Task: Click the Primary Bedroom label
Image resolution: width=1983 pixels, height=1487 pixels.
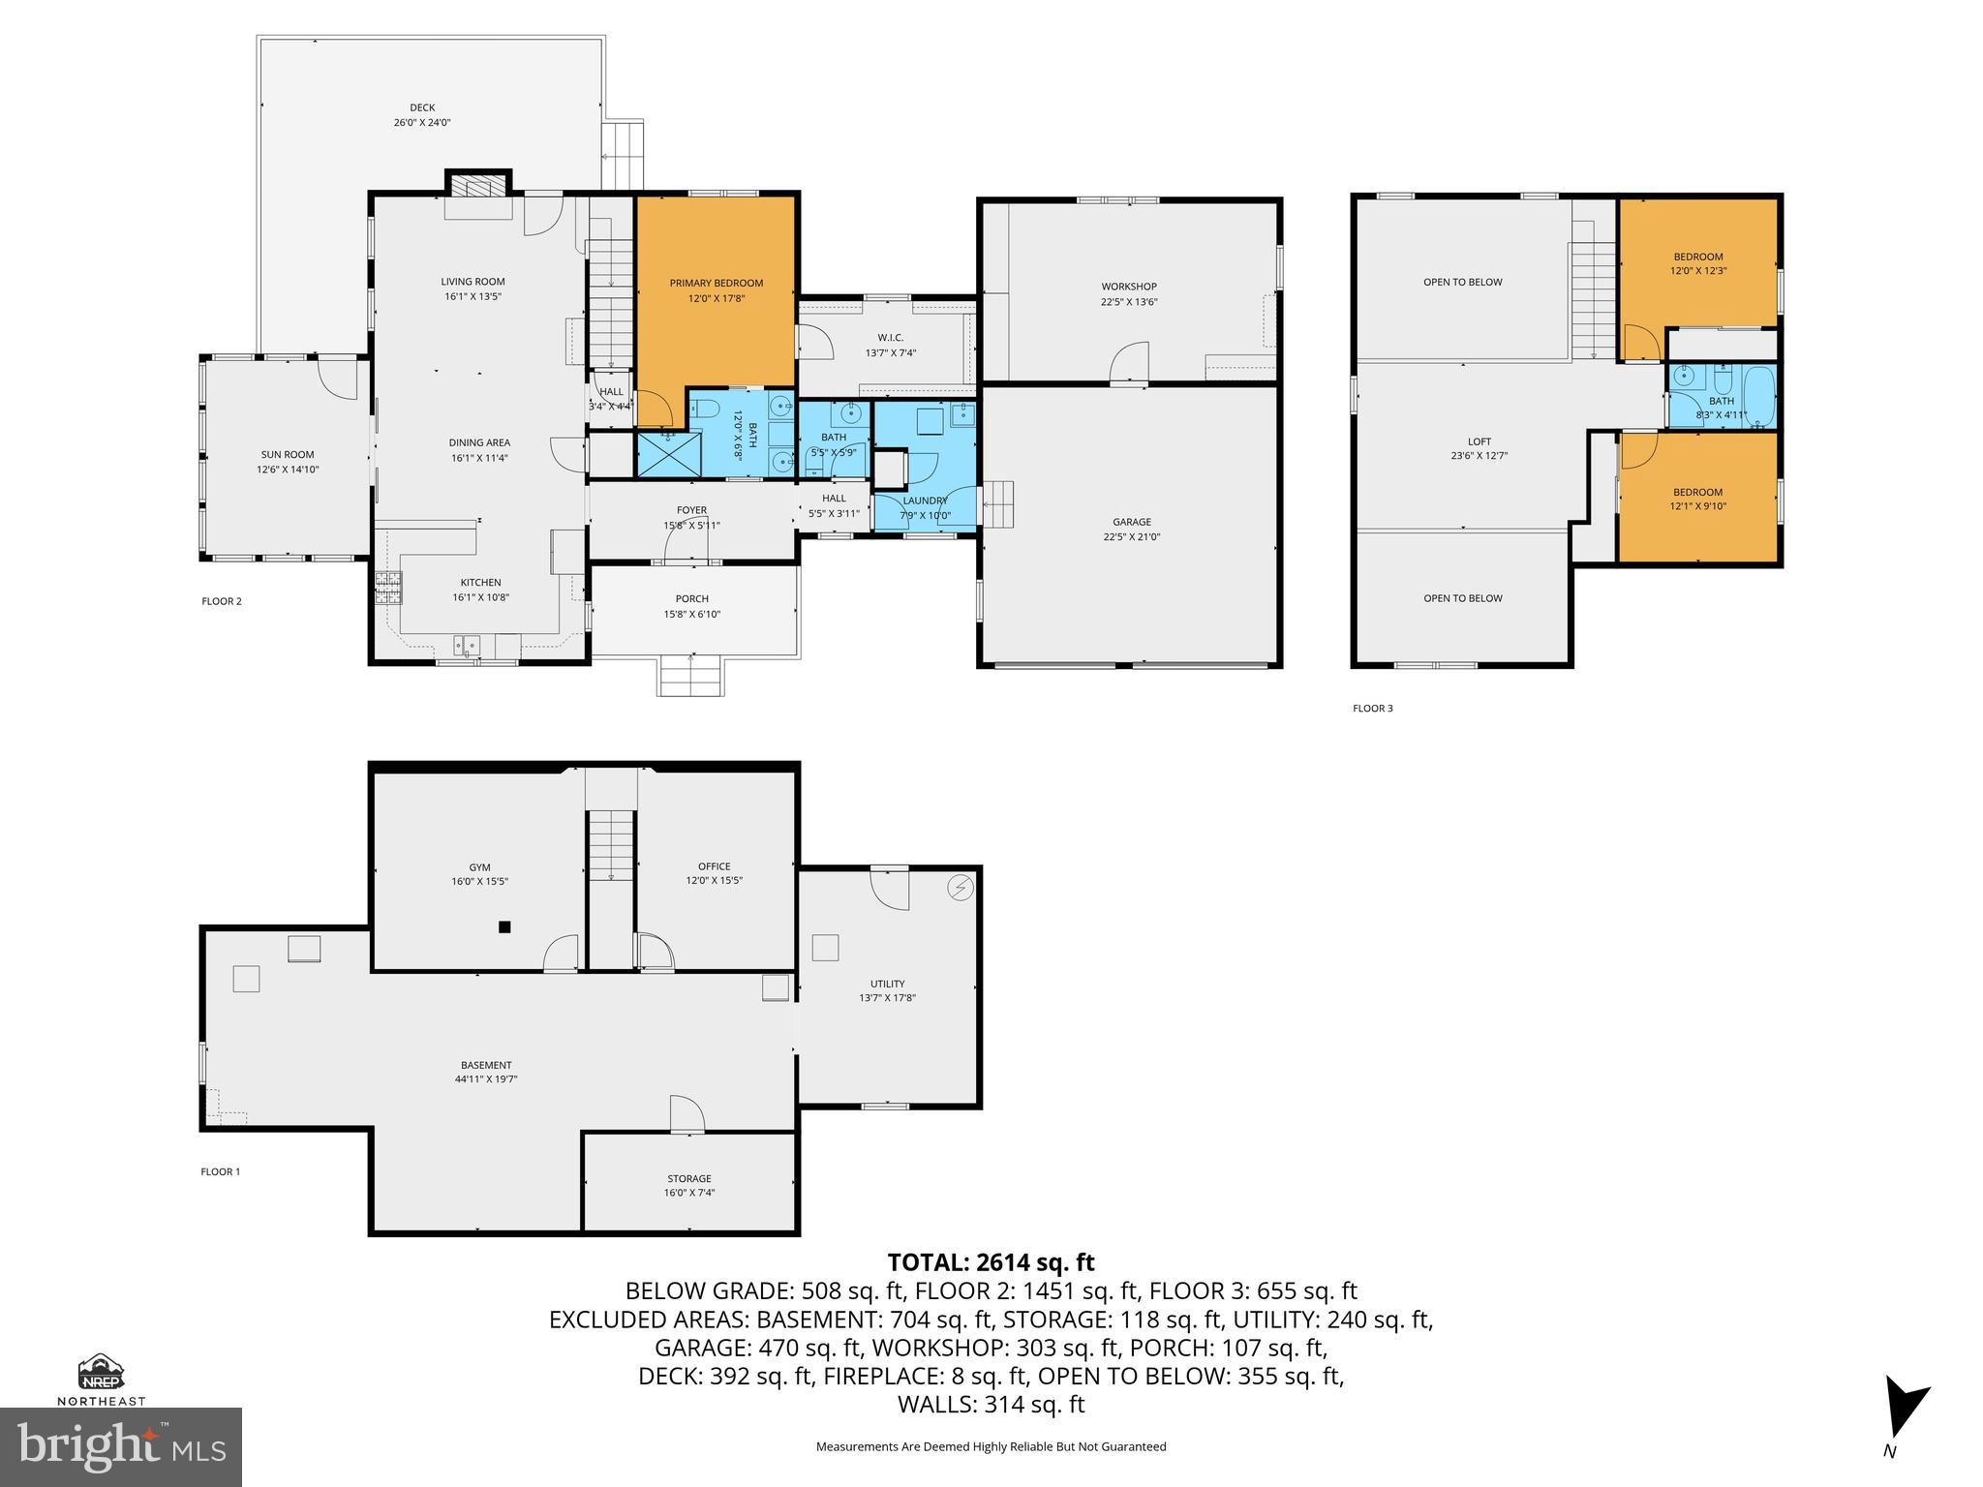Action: (716, 284)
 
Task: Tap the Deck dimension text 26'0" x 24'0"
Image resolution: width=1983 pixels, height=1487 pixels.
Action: (422, 123)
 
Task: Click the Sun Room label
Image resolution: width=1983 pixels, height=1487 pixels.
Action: (287, 454)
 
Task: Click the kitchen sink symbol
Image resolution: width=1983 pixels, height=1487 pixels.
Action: (468, 645)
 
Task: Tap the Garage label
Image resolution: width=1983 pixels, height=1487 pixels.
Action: (1131, 522)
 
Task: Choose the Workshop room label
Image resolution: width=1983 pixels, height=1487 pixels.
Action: (1129, 287)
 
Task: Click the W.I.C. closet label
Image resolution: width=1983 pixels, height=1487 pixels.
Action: (890, 338)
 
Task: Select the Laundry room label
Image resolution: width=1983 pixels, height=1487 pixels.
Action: (925, 501)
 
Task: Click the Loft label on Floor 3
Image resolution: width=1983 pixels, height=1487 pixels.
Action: (1479, 441)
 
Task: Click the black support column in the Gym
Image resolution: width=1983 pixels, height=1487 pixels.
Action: (504, 927)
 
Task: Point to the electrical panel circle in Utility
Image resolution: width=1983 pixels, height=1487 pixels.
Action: (960, 888)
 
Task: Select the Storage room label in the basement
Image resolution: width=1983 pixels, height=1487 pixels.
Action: (688, 1178)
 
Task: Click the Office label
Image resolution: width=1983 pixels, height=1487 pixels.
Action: (714, 866)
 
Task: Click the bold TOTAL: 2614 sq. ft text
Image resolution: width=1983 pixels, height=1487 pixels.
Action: (991, 1262)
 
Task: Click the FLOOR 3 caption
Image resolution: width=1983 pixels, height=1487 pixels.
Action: (1372, 709)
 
